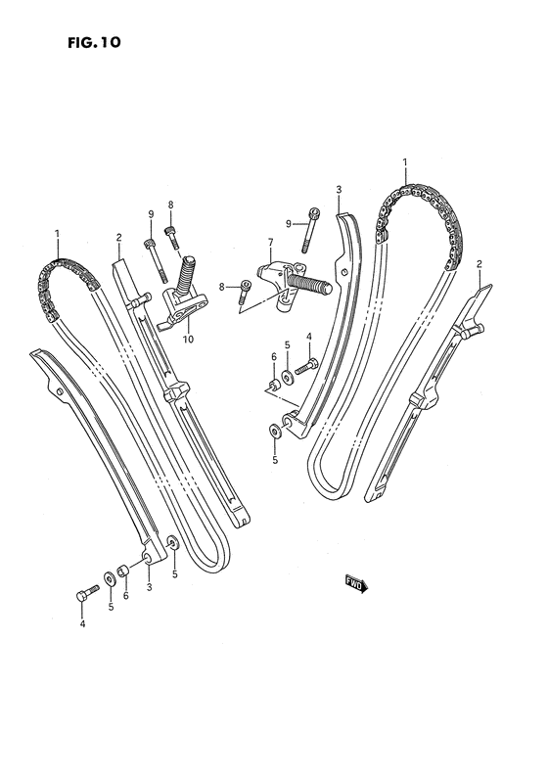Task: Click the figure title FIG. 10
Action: pyautogui.click(x=94, y=43)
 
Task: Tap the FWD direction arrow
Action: pyautogui.click(x=357, y=584)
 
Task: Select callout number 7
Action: pyautogui.click(x=270, y=243)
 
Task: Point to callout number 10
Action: pyautogui.click(x=188, y=340)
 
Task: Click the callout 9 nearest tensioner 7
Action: pyautogui.click(x=288, y=224)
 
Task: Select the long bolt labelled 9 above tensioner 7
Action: pyautogui.click(x=310, y=231)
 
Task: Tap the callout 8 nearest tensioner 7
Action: pyautogui.click(x=222, y=287)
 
